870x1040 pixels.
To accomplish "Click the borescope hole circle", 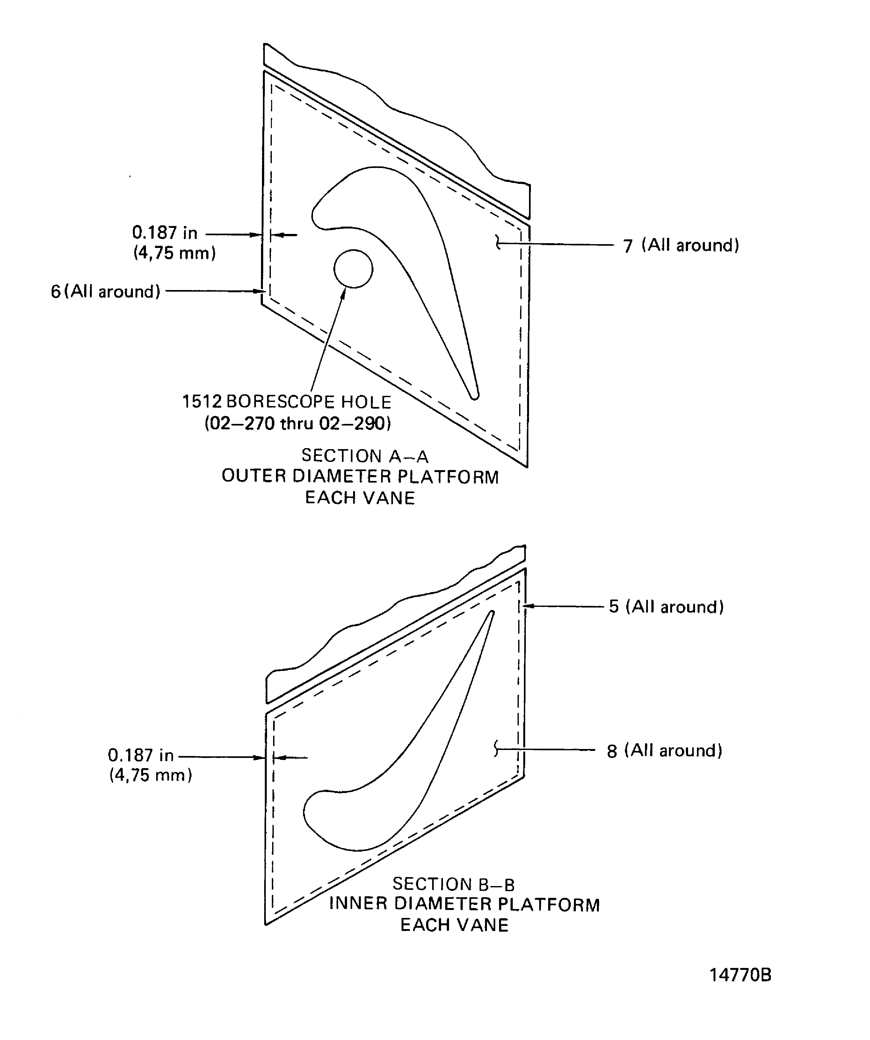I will click(353, 268).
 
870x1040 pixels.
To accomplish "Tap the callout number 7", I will click(628, 246).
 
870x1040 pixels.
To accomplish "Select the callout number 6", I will click(55, 291).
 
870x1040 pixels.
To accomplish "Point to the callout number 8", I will click(612, 751).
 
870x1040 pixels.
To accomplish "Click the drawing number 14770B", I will click(740, 975).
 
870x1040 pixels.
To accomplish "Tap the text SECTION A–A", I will click(365, 456).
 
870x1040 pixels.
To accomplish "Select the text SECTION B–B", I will click(453, 884).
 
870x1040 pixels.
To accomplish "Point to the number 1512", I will click(201, 402).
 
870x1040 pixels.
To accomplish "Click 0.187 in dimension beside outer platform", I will click(164, 232).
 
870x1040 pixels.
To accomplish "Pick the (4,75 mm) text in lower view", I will click(150, 775).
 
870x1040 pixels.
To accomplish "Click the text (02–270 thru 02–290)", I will click(298, 424).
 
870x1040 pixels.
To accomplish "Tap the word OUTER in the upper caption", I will click(254, 476).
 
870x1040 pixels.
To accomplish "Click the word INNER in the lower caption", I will click(359, 904).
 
